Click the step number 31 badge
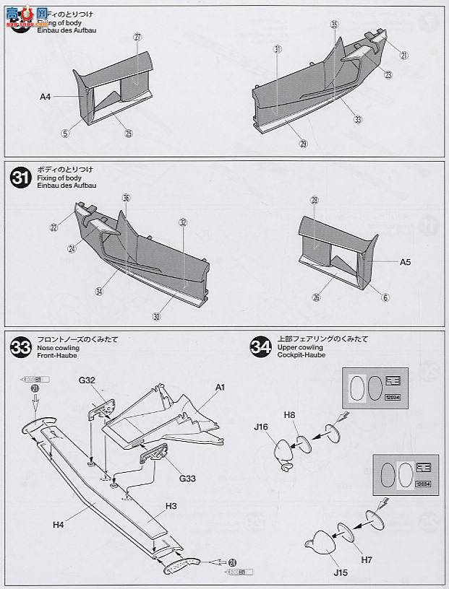point(20,177)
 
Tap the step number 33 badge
point(20,347)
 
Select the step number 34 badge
point(258,347)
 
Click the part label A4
point(46,95)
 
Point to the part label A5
point(405,262)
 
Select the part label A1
point(220,388)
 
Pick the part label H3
point(171,506)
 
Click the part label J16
point(262,427)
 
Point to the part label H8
point(289,414)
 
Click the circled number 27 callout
point(138,38)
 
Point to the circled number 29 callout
point(303,144)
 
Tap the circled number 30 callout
point(157,315)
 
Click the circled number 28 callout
point(315,200)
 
